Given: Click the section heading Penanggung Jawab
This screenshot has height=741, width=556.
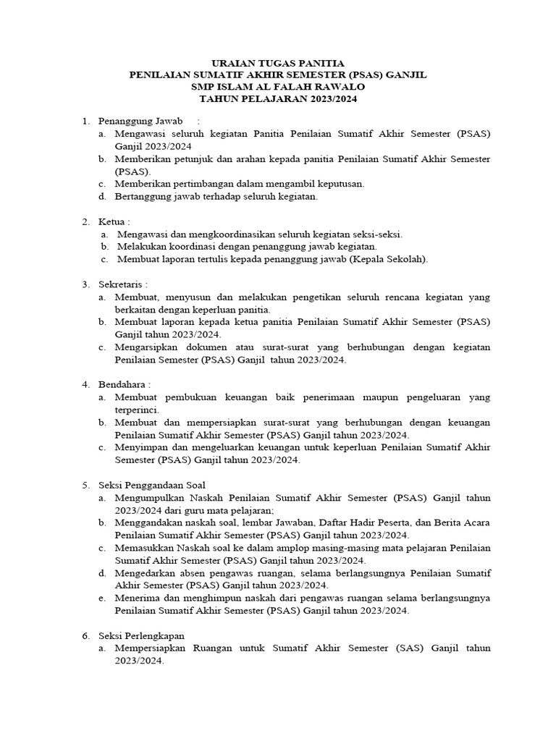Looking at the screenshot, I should (141, 119).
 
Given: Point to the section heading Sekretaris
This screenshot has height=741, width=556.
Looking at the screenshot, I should (123, 284).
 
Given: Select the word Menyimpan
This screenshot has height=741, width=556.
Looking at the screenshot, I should (139, 447).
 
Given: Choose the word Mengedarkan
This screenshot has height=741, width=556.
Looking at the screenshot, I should (146, 573).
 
